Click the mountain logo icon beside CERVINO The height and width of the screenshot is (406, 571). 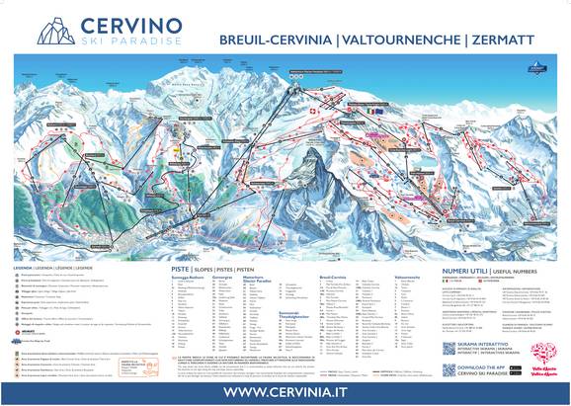point(56,30)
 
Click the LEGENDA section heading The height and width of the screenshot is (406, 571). point(27,267)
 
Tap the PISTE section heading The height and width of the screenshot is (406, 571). point(180,268)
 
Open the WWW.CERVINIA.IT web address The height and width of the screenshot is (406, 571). point(285,389)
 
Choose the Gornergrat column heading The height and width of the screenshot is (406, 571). point(225,278)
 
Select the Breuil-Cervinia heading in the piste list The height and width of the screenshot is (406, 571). point(335,278)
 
